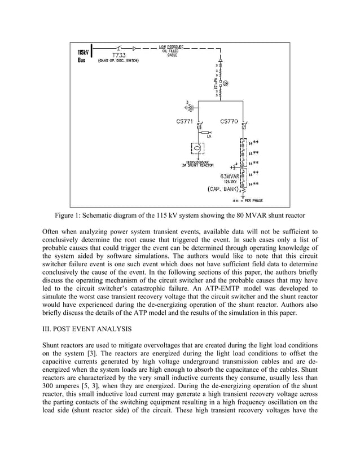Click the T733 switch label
118,55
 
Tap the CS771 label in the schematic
185,121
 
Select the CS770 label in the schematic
229,121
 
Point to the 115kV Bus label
81,56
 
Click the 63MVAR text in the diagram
230,176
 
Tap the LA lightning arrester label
209,137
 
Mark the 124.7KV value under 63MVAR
230,182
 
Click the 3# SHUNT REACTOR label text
195,165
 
